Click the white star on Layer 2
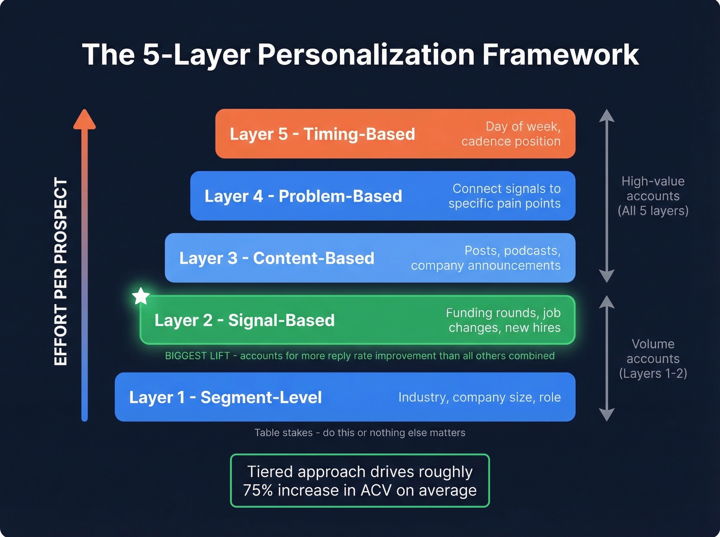140,296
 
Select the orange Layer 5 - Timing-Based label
322,134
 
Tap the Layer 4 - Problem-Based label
303,196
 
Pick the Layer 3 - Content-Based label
277,258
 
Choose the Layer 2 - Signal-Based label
244,320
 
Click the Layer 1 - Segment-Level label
225,397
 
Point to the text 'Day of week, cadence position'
511,134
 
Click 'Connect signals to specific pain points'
505,196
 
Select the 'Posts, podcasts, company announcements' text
486,258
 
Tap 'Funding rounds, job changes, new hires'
504,320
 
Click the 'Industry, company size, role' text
479,397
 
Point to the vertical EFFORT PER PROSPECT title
61,272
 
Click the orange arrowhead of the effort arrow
84,120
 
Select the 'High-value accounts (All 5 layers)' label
653,196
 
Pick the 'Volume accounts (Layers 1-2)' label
653,359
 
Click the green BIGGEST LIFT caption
359,356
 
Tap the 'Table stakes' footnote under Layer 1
359,433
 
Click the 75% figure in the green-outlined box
258,490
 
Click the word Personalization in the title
366,54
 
